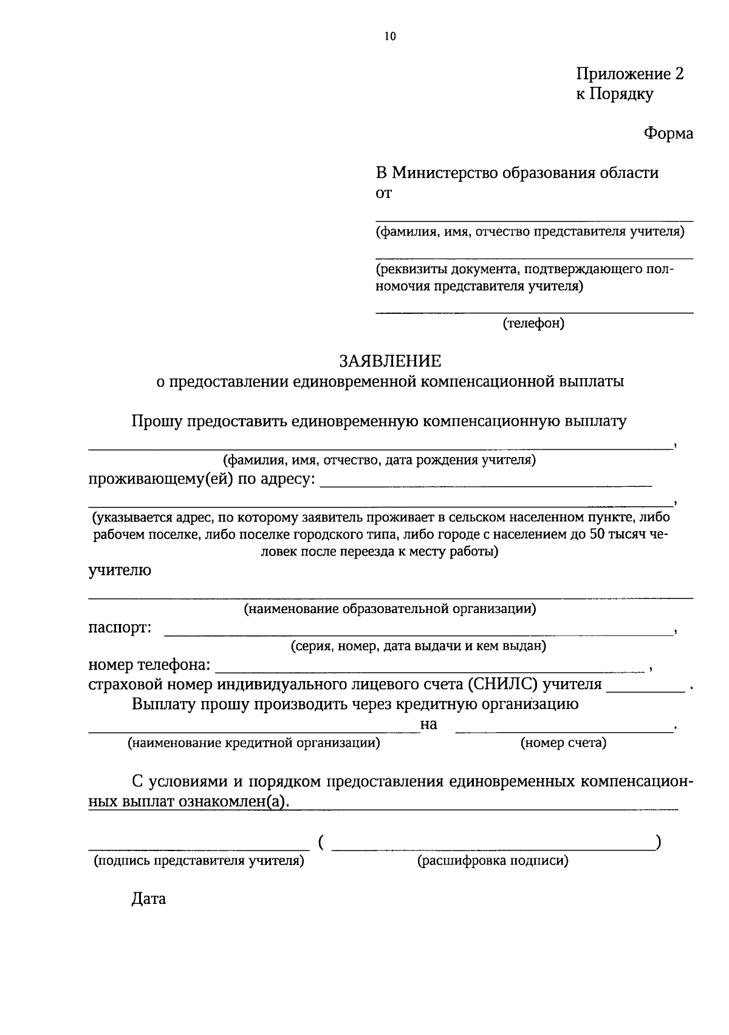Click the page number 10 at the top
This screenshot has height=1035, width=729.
coord(389,36)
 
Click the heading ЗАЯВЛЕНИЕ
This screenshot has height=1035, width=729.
coord(390,362)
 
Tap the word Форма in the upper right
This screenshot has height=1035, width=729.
coord(668,134)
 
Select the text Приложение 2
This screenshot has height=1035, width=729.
coord(629,74)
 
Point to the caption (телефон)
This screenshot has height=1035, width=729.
coord(533,324)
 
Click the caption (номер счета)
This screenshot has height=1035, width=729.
coord(563,742)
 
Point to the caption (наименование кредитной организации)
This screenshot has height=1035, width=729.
coord(253,742)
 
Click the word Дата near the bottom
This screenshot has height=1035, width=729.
coord(148,898)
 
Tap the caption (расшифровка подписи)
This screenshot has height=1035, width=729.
coord(493,860)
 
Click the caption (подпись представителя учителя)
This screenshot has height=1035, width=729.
coord(198,860)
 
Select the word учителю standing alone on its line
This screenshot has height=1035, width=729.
coord(120,571)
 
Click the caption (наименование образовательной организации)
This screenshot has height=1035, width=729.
coord(389,608)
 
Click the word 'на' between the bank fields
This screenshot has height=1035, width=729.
coord(429,724)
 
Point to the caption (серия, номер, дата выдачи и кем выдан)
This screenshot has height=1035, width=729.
coord(418,646)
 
